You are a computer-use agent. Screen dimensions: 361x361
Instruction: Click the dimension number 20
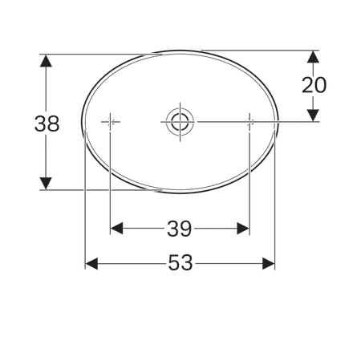pos(314,85)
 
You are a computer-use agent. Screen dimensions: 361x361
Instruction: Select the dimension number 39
pos(180,229)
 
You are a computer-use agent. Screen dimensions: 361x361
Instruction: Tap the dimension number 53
pos(180,263)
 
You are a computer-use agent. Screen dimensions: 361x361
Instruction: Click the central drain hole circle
pos(179,122)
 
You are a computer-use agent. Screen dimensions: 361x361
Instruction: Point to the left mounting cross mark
pos(111,122)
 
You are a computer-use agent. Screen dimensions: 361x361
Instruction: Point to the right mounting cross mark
pos(249,122)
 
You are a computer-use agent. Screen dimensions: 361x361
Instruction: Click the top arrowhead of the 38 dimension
pos(47,60)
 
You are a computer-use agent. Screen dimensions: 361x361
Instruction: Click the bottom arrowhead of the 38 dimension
pos(47,184)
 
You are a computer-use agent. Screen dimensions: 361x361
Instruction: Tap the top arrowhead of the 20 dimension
pos(314,57)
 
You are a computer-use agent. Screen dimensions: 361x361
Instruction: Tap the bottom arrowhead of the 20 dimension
pos(314,116)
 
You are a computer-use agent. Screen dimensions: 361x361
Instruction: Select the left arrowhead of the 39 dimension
pos(116,229)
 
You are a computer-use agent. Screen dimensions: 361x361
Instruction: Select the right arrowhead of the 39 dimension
pos(244,229)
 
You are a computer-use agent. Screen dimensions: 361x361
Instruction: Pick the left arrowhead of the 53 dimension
pos(91,263)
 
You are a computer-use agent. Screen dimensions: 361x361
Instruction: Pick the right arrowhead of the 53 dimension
pos(270,263)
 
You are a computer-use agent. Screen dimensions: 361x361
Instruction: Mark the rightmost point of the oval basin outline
pos(277,122)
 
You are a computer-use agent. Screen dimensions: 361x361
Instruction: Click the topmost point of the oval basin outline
pos(180,52)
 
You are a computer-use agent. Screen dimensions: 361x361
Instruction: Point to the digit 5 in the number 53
pos(174,263)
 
